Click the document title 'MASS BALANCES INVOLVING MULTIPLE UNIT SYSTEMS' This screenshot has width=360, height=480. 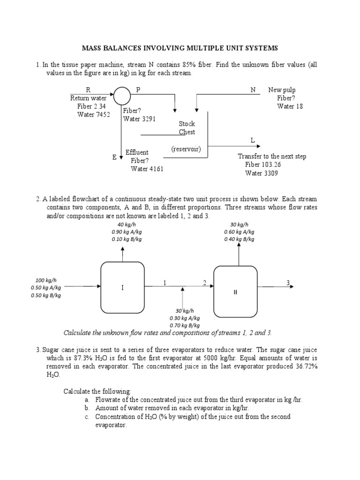click(180, 48)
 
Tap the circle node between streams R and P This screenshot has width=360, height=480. click(122, 96)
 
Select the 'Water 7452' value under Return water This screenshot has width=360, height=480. click(94, 115)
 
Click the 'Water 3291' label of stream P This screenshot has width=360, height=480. click(140, 119)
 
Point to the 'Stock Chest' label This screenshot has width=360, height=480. click(187, 128)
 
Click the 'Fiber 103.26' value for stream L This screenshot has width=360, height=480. click(264, 165)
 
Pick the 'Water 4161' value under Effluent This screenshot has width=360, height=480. click(147, 169)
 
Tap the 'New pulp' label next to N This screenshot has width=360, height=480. click(282, 90)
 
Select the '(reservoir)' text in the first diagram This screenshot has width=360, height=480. click(186, 149)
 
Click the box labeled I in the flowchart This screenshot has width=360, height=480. click(122, 287)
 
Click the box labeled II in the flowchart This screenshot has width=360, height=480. click(236, 292)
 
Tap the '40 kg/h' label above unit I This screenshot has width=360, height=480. click(127, 224)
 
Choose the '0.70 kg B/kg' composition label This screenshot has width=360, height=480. click(184, 325)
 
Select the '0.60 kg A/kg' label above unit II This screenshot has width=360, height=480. click(239, 231)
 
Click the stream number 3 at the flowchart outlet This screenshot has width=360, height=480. click(288, 282)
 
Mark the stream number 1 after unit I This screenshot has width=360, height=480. click(165, 282)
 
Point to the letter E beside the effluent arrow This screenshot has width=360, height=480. click(114, 158)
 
